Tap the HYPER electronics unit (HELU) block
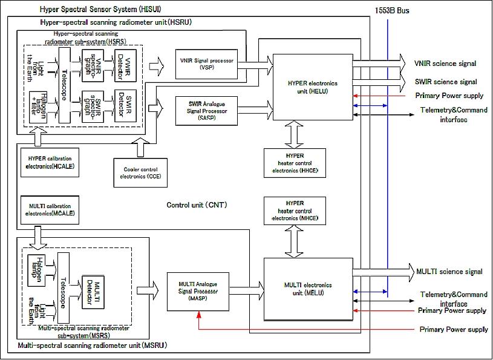point(312,85)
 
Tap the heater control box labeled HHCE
point(295,163)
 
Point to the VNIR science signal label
point(444,63)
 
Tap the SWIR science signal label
point(444,82)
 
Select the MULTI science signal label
point(448,272)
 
